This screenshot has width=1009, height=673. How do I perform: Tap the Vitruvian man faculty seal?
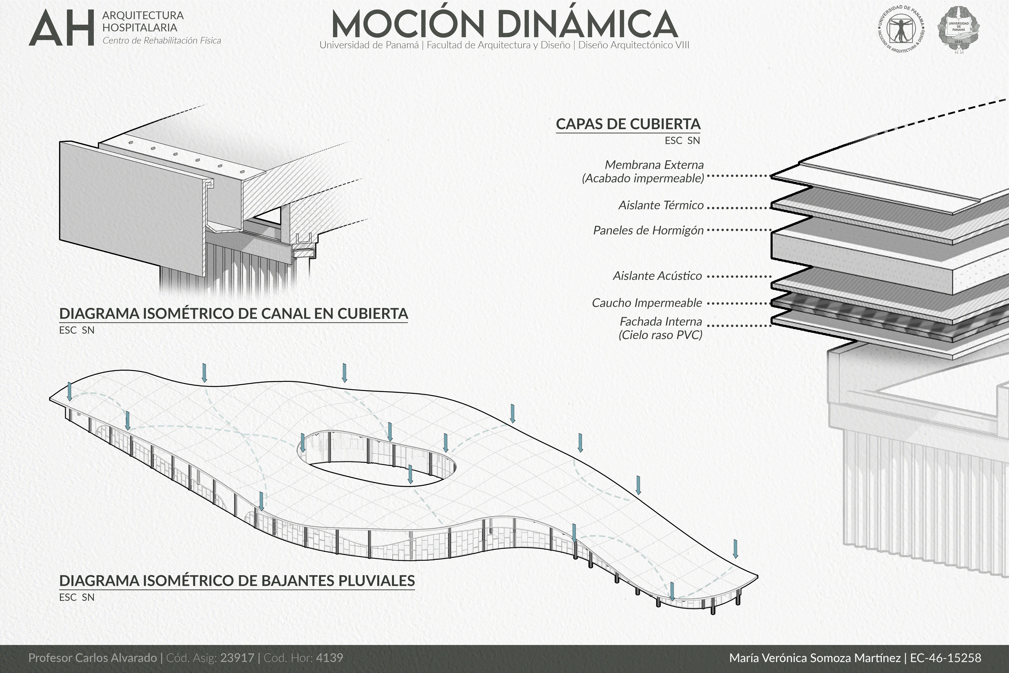pos(901,29)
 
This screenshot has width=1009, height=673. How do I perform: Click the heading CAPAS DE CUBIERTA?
pos(628,124)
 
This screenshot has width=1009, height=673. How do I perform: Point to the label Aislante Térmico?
pos(661,205)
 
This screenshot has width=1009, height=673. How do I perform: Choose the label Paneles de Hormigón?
pos(648,230)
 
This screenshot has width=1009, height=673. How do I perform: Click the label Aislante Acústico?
pos(657,276)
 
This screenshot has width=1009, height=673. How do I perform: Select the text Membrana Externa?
pos(654,165)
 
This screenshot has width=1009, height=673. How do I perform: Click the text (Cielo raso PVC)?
pos(660,335)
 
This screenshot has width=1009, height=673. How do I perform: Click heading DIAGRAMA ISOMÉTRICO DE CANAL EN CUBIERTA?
pos(233,314)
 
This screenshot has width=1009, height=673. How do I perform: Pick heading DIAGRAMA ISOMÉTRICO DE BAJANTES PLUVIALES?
pos(237,581)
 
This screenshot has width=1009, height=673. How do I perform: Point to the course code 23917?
pos(237,657)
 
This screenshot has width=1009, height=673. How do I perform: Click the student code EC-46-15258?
pos(946,657)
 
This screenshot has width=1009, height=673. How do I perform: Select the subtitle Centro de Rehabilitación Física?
pos(162,41)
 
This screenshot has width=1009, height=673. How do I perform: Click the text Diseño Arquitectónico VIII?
pos(634,45)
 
